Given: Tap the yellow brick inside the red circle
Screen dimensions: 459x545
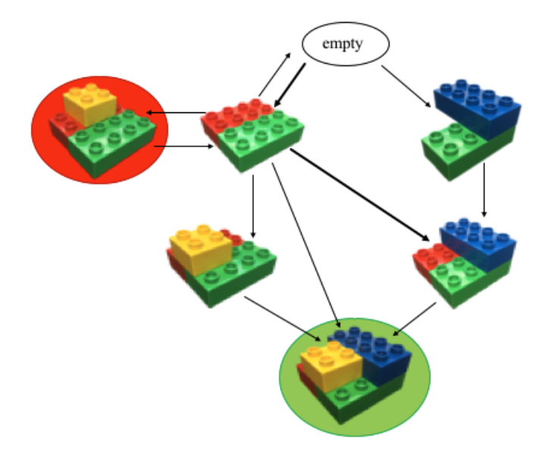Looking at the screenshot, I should tap(88, 104).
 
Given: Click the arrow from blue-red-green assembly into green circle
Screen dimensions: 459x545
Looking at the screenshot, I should tap(414, 318).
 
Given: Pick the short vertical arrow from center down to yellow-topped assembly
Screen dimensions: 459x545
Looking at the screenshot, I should tap(252, 205).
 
